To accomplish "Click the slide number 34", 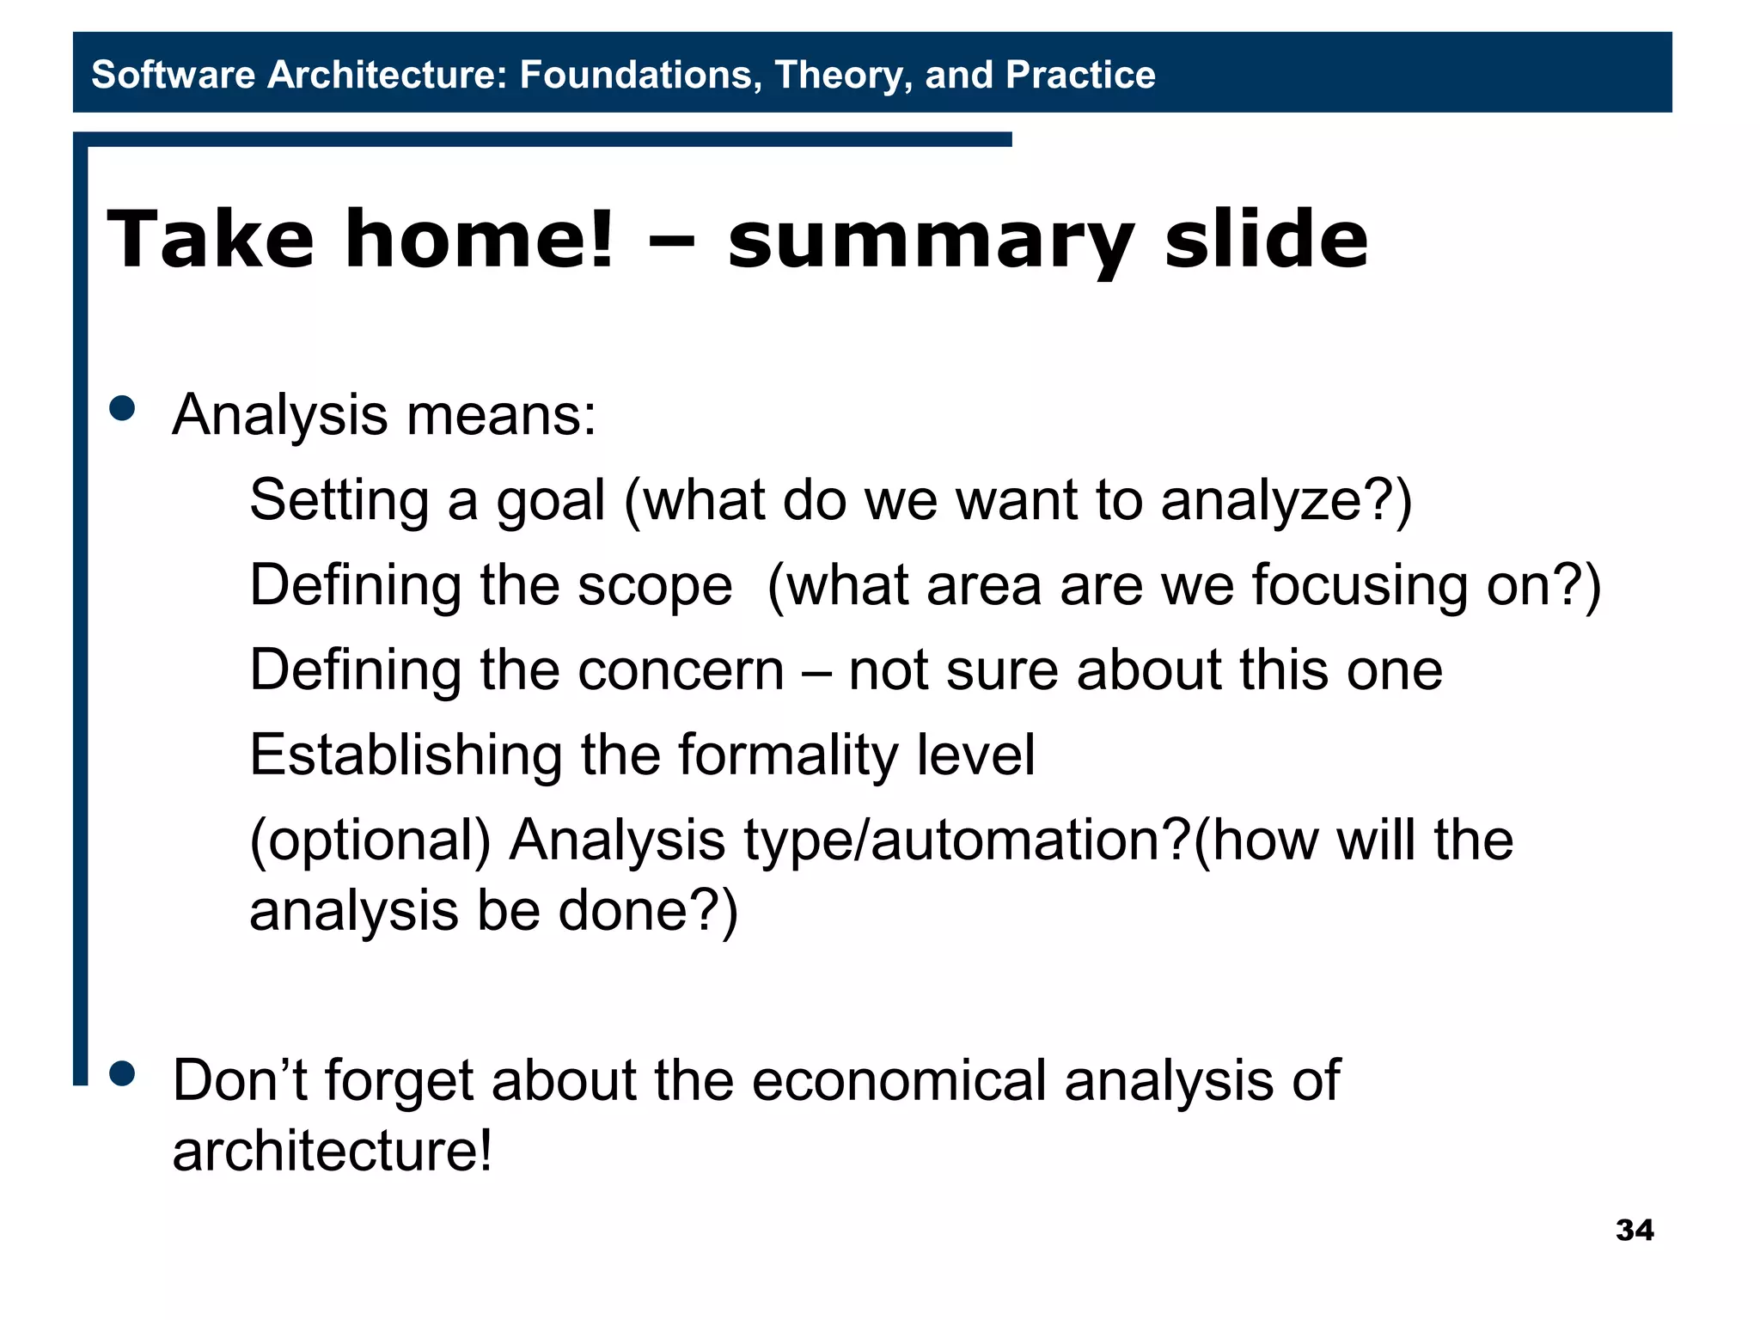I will (x=1634, y=1230).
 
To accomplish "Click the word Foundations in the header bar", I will (x=640, y=75).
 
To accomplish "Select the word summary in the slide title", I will (x=931, y=241).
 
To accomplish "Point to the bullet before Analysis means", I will (x=123, y=408).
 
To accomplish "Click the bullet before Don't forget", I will (x=123, y=1073).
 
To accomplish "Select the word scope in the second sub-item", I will (x=655, y=585).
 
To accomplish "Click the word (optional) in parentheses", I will (x=370, y=841).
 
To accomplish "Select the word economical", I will (x=898, y=1080).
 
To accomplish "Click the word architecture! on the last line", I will (x=333, y=1152).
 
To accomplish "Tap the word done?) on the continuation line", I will (x=648, y=912).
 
